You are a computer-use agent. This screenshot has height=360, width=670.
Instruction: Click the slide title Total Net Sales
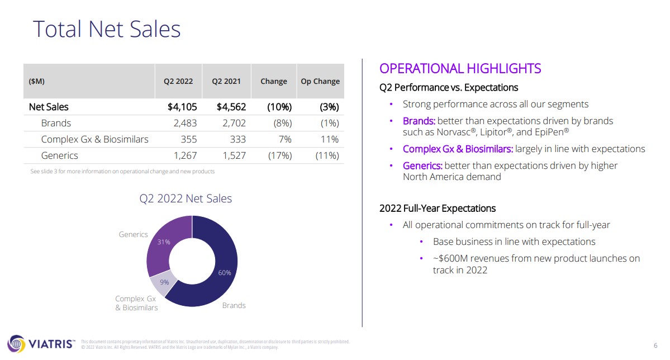[x=107, y=29]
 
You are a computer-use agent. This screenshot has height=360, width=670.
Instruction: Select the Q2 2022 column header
[x=178, y=81]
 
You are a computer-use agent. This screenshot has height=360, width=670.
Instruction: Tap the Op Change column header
[x=320, y=81]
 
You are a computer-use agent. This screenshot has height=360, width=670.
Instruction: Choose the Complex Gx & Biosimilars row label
[x=94, y=139]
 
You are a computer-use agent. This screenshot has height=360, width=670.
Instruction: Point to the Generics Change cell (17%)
[x=279, y=155]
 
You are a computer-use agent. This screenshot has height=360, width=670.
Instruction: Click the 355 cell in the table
[x=189, y=139]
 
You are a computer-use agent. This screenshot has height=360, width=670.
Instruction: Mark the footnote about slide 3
[x=122, y=172]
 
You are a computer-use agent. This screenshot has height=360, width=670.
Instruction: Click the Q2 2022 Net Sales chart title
[x=186, y=198]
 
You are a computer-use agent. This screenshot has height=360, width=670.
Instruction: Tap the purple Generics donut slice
[x=165, y=240]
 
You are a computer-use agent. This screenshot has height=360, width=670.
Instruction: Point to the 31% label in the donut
[x=164, y=242]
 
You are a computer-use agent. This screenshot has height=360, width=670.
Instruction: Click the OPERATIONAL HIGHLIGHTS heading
[x=460, y=68]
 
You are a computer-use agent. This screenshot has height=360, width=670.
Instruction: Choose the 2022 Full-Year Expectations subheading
[x=437, y=208]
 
